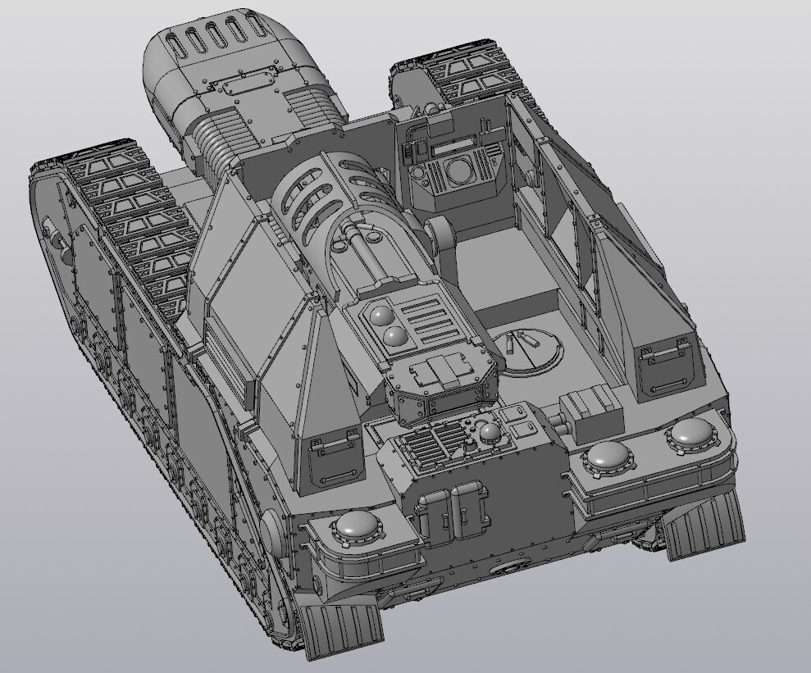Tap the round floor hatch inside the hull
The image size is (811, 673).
click(x=528, y=349)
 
